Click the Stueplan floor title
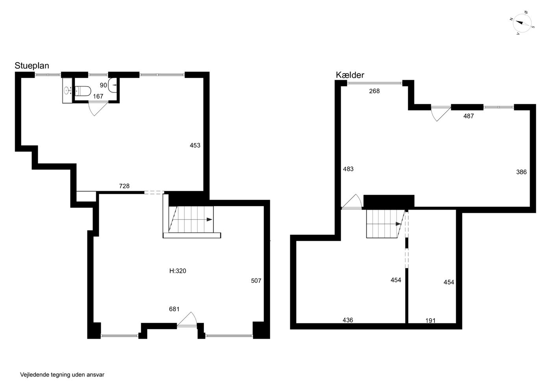32,66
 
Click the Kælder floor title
350,75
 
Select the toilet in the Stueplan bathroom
83,91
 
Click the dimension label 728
124,186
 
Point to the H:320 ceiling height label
178,271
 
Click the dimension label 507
256,281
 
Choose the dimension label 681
174,309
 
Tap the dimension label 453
195,146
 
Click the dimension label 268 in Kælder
374,91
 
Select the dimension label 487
468,116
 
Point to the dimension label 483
348,169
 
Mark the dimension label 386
521,172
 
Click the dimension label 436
348,320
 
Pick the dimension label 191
431,321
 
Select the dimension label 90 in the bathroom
103,85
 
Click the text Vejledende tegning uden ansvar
62,375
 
